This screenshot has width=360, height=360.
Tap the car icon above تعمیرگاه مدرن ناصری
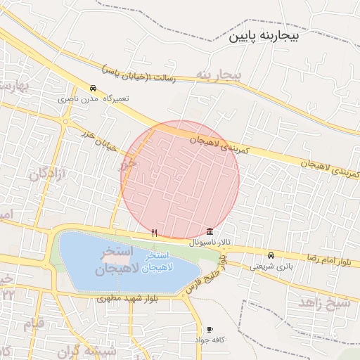pos(94,89)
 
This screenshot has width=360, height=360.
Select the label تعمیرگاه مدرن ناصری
pos(96,100)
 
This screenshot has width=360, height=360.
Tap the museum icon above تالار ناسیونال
pos(211,232)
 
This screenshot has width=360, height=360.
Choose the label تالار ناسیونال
pos(211,243)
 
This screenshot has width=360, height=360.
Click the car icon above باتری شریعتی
pos(271,255)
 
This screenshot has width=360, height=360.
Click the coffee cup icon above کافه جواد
pos(210,329)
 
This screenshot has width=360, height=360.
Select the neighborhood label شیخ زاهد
pos(324,302)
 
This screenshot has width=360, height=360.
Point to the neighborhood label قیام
pos(34,323)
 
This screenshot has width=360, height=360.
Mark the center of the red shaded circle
pos(181,180)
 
